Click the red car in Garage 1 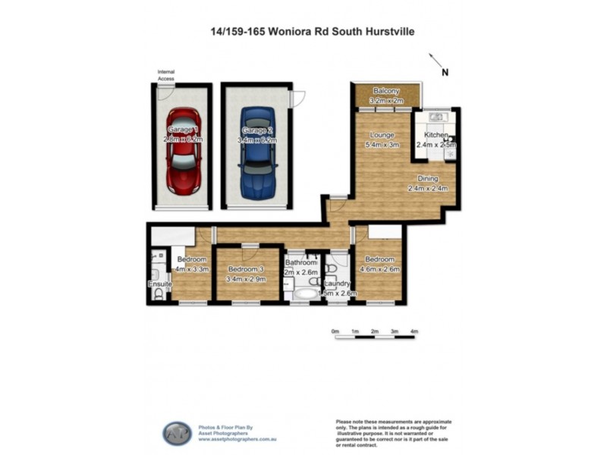click(183, 141)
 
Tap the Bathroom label click(300, 263)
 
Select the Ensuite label click(159, 285)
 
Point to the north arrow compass click(438, 64)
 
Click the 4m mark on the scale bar click(414, 331)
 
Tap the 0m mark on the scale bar click(335, 331)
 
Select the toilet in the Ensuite click(158, 294)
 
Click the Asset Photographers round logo click(177, 433)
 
